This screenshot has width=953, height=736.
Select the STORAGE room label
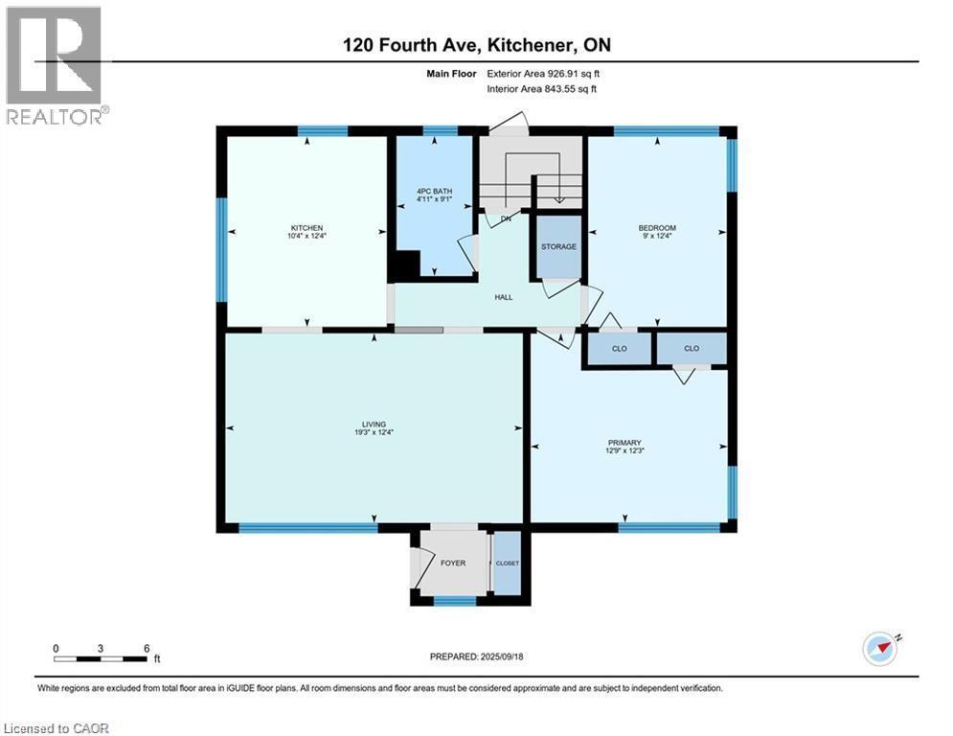[x=558, y=246]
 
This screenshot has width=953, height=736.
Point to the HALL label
[x=504, y=297]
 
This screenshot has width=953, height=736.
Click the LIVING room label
[x=373, y=424]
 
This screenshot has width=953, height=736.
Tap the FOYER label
[x=453, y=563]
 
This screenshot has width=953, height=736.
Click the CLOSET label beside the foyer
[x=507, y=563]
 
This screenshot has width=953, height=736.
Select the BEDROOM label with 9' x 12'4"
[x=657, y=228]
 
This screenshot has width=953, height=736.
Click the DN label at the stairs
[x=506, y=218]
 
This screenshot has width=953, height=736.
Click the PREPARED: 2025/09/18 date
[x=476, y=656]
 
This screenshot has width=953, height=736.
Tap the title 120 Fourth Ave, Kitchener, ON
[x=476, y=44]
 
